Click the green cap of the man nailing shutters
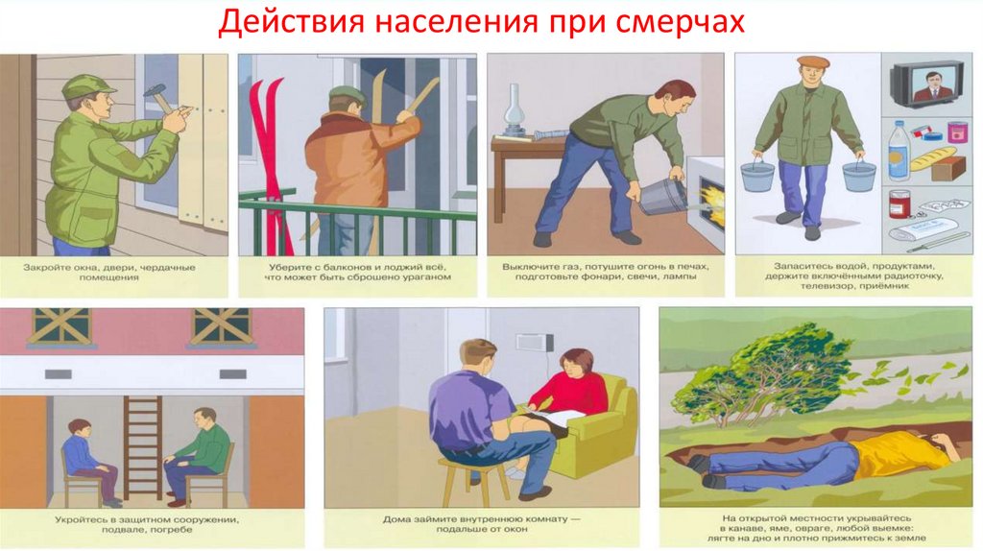point(87,86)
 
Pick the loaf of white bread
point(932,159)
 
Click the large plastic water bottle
point(899,153)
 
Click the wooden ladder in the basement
point(142,447)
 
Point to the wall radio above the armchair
point(534,343)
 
